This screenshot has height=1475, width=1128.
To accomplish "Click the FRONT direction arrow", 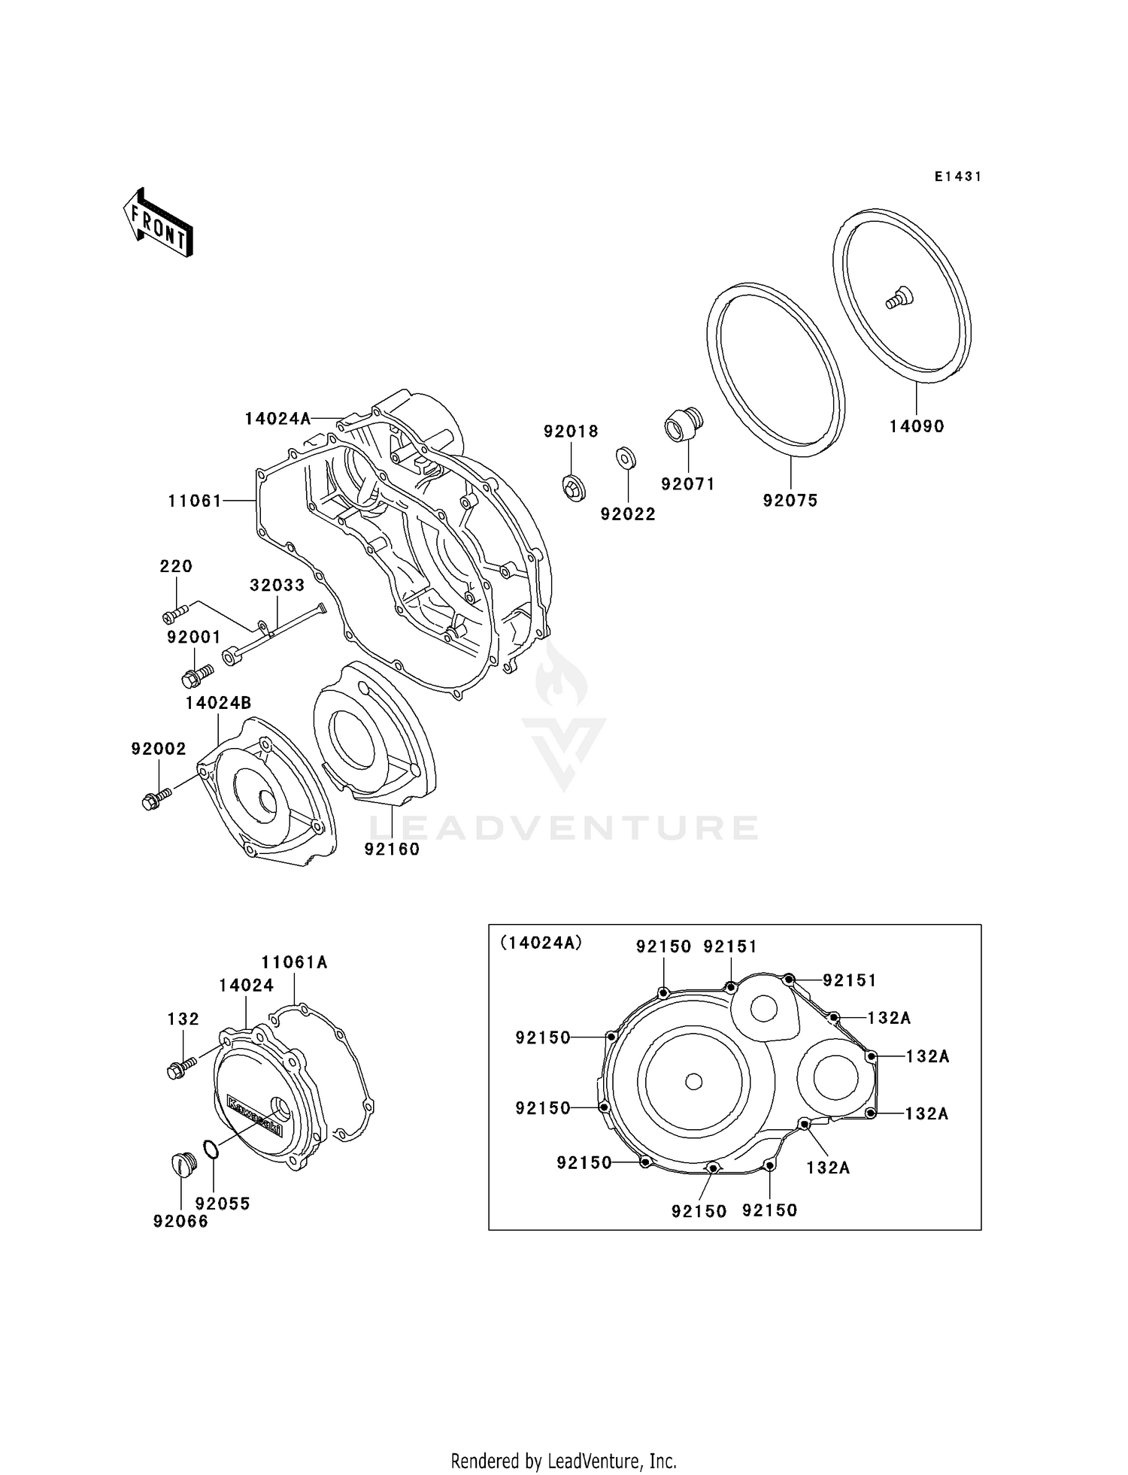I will (x=159, y=226).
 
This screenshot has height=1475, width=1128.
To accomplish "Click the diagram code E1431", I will (x=957, y=177).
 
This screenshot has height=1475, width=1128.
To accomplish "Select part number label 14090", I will (x=916, y=426).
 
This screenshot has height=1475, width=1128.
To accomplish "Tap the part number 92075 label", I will (x=790, y=501).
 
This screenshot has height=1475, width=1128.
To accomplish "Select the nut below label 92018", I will (x=574, y=488).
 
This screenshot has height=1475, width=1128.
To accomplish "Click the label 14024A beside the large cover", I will (x=277, y=419).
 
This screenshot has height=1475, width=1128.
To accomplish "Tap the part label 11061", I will (x=195, y=501).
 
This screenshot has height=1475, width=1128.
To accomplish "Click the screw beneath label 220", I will (x=174, y=613).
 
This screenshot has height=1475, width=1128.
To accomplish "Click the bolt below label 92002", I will (x=156, y=798).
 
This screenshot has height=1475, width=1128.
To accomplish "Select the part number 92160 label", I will (x=392, y=849).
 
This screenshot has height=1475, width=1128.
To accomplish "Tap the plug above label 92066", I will (x=183, y=1166).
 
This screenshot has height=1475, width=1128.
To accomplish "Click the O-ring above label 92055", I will (x=212, y=1149).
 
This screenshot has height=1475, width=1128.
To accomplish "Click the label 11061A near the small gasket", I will (x=294, y=962).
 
